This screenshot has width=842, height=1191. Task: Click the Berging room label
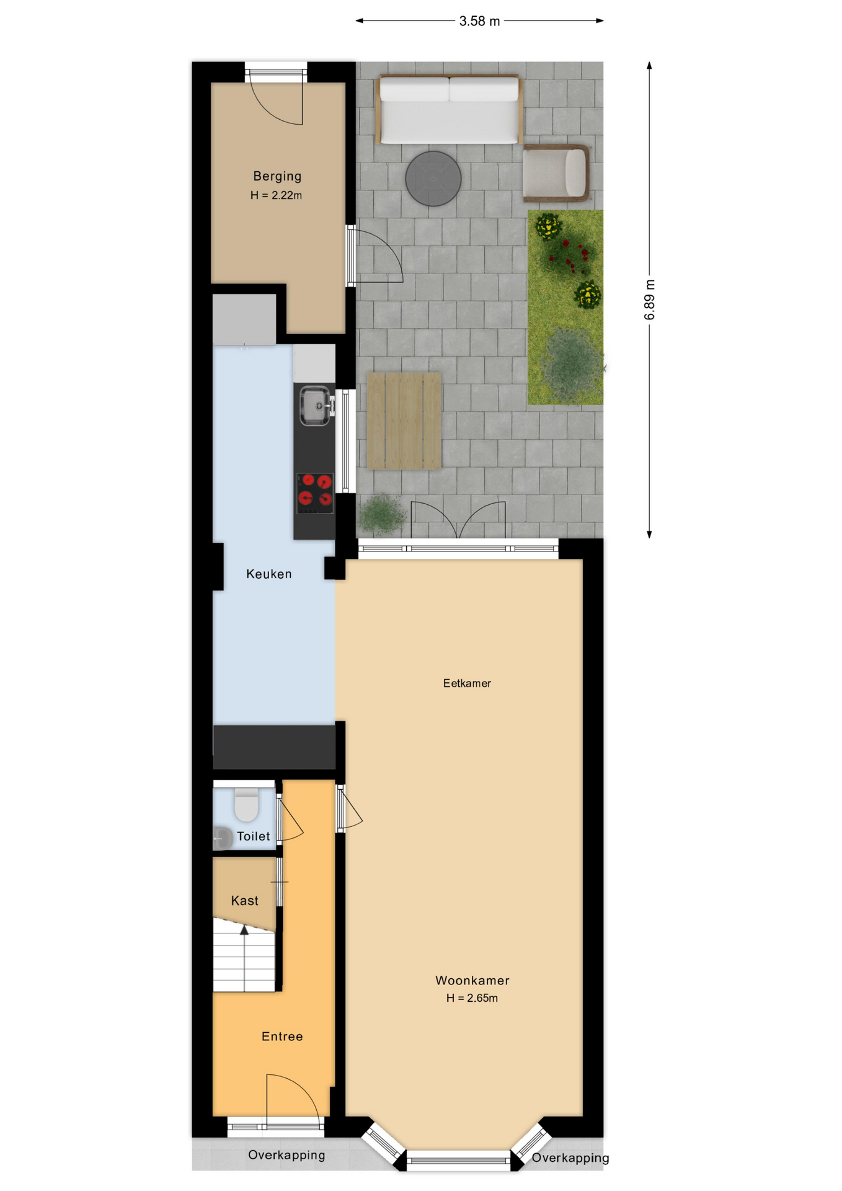pyautogui.click(x=277, y=176)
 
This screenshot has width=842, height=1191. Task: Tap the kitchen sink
pyautogui.click(x=315, y=406)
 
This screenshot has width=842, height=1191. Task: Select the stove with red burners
pyautogui.click(x=315, y=493)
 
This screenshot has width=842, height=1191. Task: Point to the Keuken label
pyautogui.click(x=268, y=574)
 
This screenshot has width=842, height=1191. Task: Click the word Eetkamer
pyautogui.click(x=467, y=683)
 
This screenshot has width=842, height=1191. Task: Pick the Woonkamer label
pyautogui.click(x=472, y=980)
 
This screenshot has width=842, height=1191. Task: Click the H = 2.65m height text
pyautogui.click(x=472, y=998)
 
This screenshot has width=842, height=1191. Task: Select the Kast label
pyautogui.click(x=244, y=901)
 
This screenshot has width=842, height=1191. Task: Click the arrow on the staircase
pyautogui.click(x=244, y=930)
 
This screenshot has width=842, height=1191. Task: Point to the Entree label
pyautogui.click(x=282, y=1036)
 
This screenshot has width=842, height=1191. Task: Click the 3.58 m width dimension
pyautogui.click(x=479, y=21)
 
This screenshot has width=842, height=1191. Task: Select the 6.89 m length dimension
pyautogui.click(x=649, y=300)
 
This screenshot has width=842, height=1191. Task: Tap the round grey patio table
pyautogui.click(x=433, y=179)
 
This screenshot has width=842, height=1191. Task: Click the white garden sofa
pyautogui.click(x=448, y=110)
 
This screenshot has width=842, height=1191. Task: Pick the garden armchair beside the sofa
pyautogui.click(x=556, y=173)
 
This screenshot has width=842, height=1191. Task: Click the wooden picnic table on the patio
pyautogui.click(x=404, y=421)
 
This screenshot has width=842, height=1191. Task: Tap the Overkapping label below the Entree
pyautogui.click(x=286, y=1154)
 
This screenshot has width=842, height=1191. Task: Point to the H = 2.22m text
pyautogui.click(x=276, y=195)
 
